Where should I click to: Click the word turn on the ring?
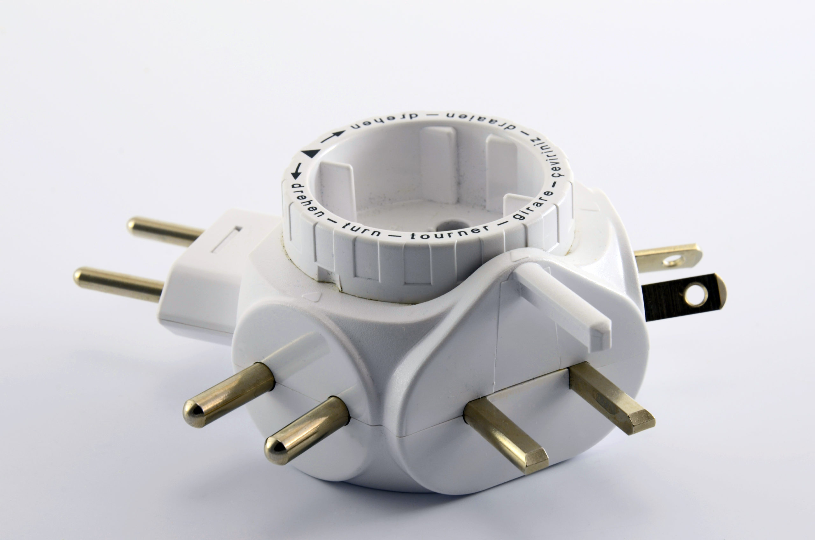point(362,231)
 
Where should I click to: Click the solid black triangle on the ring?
point(310,153)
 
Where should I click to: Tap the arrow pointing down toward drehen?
point(296,171)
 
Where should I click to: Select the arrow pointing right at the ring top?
point(333,136)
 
